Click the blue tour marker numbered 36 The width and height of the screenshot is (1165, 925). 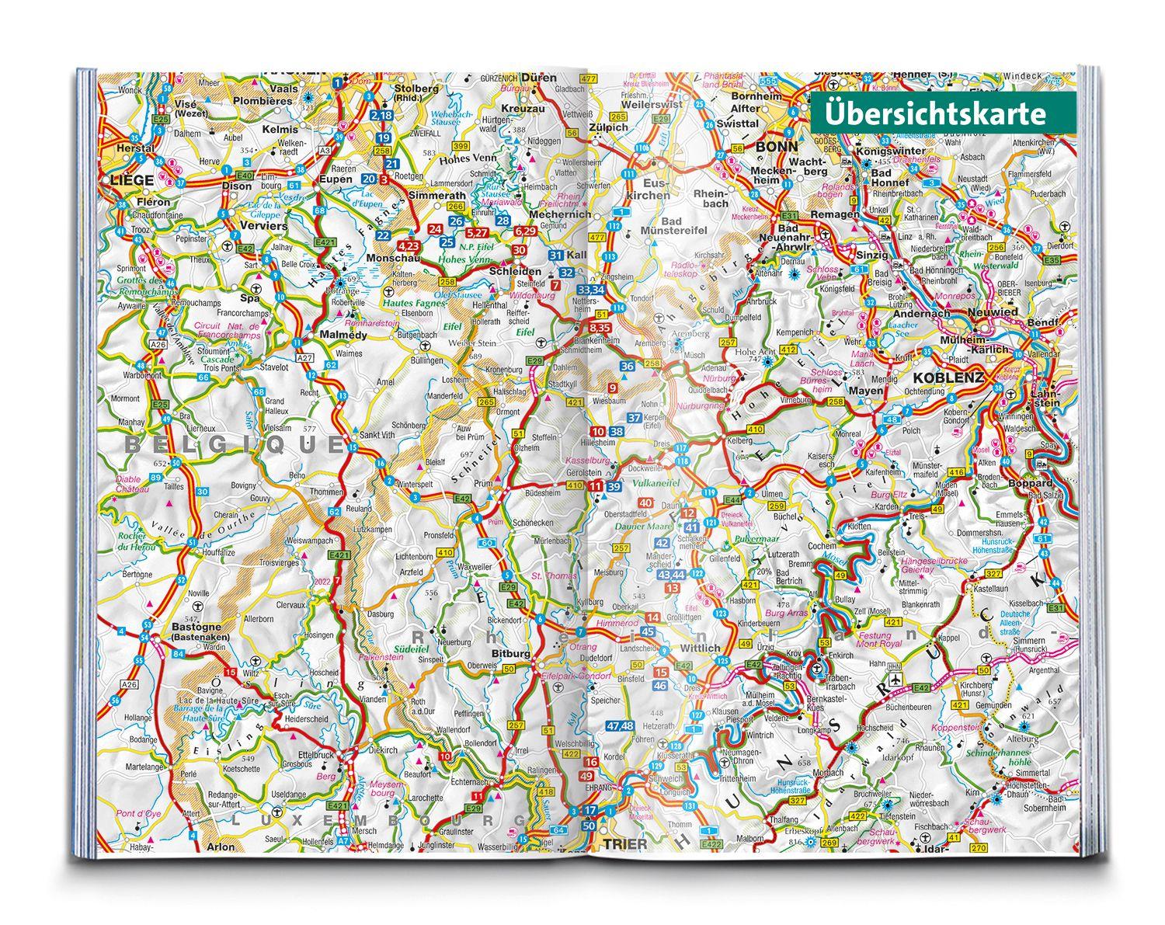coord(628,367)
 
